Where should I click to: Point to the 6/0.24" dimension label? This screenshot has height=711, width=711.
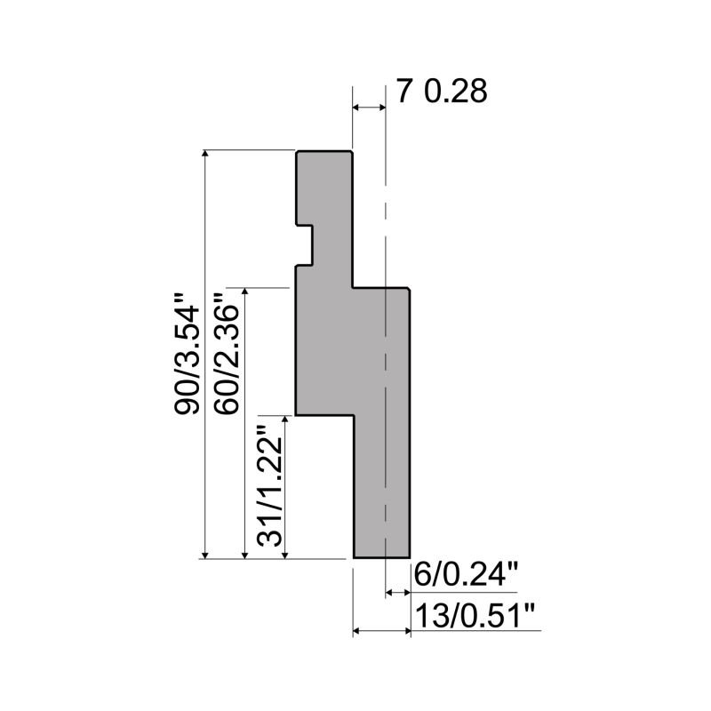coord(465,577)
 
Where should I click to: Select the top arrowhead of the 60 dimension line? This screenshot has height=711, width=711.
coord(245,293)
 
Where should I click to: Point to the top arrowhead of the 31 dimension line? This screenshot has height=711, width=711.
coord(284,419)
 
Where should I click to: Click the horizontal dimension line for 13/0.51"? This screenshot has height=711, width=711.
coord(382,631)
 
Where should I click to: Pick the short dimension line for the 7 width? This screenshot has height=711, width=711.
coord(369,108)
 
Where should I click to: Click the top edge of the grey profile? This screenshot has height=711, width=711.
coord(324,152)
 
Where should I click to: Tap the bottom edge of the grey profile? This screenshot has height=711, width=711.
coord(382,558)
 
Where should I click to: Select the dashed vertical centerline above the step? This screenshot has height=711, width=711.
coord(386,204)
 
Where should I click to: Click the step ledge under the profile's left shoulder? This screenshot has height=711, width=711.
coord(324,414)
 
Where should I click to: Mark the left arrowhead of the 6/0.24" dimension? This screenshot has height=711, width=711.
coord(389,590)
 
